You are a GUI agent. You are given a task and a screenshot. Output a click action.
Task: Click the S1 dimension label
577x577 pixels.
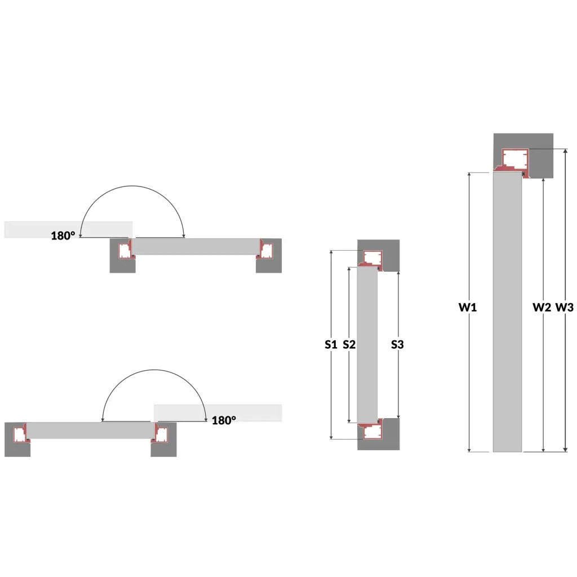(x=331, y=344)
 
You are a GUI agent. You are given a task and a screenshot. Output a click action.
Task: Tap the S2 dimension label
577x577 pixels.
(x=349, y=344)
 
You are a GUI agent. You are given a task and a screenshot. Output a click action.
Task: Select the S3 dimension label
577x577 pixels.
(x=397, y=344)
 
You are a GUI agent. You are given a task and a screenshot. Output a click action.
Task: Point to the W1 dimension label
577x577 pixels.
(x=468, y=307)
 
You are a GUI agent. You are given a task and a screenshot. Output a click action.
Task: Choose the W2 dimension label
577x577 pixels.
(x=542, y=307)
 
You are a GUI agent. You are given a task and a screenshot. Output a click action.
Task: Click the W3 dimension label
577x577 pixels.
(x=565, y=307)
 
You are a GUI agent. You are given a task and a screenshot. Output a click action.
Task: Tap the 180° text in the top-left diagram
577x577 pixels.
(x=63, y=236)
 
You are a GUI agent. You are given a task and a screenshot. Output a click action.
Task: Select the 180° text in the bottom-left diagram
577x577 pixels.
(x=224, y=420)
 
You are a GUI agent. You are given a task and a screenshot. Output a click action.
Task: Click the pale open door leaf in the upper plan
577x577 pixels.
(x=68, y=230)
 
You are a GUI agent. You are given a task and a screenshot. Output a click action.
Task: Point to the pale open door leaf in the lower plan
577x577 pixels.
(x=218, y=413)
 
